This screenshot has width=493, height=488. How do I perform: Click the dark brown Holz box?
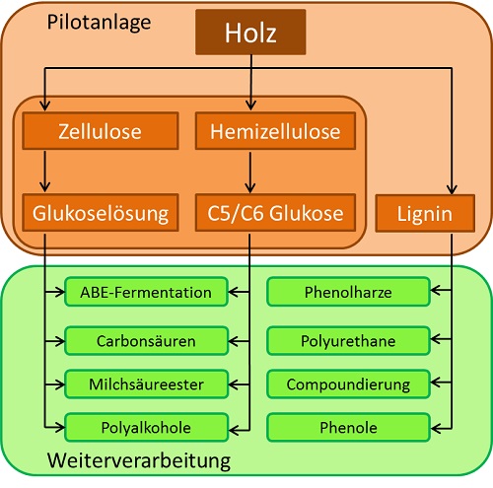point(250,32)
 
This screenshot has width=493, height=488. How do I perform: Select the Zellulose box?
point(101,131)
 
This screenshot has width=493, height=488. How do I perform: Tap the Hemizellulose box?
point(275,131)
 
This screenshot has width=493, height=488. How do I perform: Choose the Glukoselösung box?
point(101,213)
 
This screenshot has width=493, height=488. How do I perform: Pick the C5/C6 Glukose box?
point(275,213)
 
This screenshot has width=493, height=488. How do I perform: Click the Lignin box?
point(425,213)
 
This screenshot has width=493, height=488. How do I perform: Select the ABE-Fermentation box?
point(146,292)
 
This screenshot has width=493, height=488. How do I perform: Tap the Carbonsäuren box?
point(146,341)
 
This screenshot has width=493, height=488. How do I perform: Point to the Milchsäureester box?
point(146,383)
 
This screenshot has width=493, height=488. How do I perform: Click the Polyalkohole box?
point(146,427)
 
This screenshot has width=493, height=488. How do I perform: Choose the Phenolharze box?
point(348,292)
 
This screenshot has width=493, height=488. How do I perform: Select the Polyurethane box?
point(348,341)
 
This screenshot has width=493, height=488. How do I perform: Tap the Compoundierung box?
point(348,383)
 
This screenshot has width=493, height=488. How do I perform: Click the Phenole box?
point(348,427)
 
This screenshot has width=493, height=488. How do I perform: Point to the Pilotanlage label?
point(99,23)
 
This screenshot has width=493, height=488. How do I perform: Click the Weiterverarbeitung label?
point(139,460)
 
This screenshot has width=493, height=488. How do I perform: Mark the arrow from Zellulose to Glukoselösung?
point(44,172)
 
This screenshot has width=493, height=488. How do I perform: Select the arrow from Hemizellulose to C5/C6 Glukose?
point(250,173)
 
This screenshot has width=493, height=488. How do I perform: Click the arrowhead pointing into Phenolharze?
point(435,290)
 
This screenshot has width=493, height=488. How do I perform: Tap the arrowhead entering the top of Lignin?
point(452,190)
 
